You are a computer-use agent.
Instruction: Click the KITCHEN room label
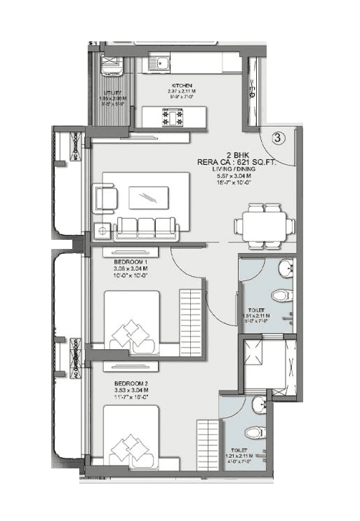(180, 86)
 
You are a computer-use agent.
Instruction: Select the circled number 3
(278, 138)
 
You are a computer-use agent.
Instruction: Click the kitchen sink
(161, 65)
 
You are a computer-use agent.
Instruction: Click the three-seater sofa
(146, 227)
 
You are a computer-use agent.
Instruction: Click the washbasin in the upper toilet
(284, 268)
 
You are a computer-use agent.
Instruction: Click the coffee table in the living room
(149, 198)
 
